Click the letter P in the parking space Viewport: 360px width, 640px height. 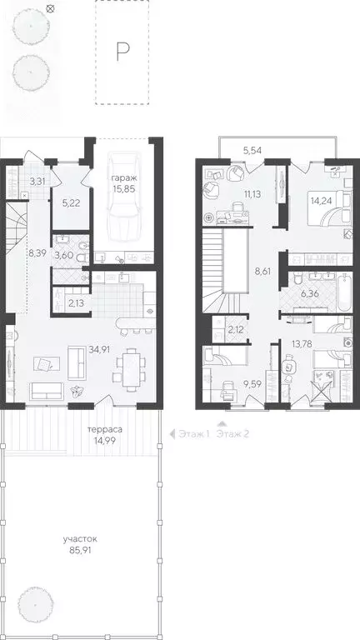click(122, 52)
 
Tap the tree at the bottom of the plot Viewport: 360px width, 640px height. click(37, 602)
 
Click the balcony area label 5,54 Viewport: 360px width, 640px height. click(252, 149)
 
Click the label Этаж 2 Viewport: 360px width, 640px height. click(232, 433)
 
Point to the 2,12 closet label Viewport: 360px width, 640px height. click(236, 330)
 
